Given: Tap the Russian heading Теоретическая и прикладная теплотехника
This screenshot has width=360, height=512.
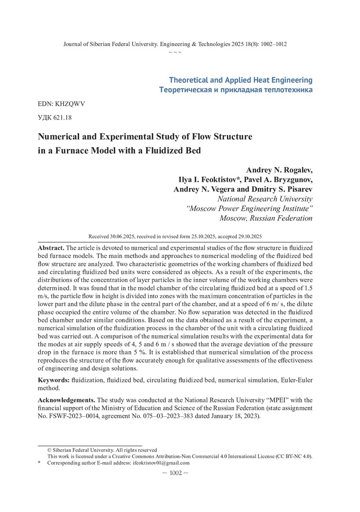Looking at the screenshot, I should tap(236, 90).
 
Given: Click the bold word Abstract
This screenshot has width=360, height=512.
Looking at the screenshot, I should tap(51, 248).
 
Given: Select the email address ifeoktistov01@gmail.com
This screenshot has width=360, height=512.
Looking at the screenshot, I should tap(161, 463).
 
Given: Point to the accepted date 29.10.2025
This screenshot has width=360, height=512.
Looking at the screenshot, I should tap(250, 236).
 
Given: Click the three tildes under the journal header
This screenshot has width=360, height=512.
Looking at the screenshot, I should tap(175, 52).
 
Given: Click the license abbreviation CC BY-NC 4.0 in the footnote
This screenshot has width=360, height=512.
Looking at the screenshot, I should tap(295, 457).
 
